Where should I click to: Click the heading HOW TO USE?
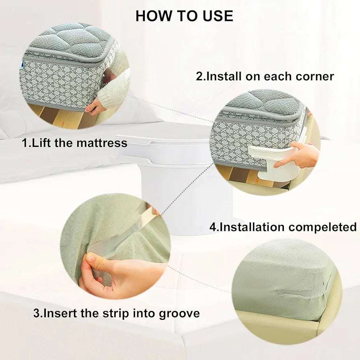click(184, 16)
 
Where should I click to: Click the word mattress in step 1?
click(102, 143)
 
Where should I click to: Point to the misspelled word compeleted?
click(323, 227)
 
